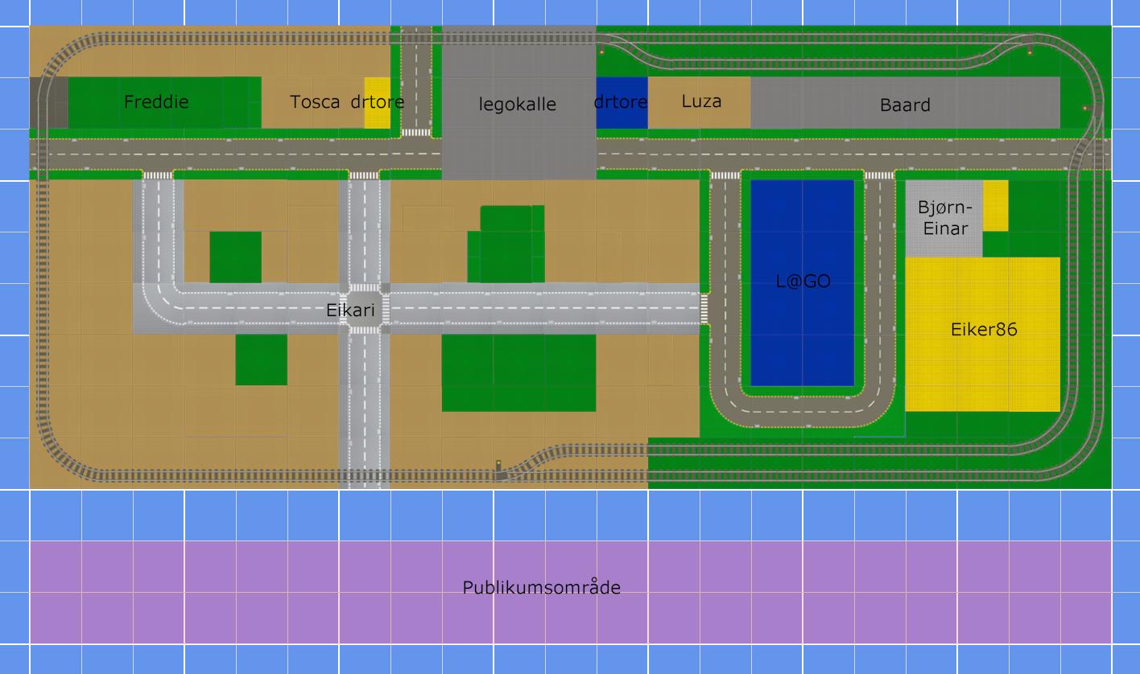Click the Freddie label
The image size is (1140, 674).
156,102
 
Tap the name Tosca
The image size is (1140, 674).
315,102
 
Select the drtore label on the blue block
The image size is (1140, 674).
621,102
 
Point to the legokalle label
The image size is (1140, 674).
517,105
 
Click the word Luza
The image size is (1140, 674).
701,101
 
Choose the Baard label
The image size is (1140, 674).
905,105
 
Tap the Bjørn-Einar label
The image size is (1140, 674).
945,218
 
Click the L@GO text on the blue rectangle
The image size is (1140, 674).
803,281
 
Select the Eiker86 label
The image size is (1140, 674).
984,330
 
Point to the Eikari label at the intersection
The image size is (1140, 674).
350,310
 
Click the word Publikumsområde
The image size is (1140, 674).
542,588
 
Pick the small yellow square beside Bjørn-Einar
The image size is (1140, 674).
995,206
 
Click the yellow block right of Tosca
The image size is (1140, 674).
378,103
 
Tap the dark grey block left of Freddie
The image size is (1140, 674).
49,103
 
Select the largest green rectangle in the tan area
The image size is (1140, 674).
518,372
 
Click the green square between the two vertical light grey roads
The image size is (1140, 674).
236,257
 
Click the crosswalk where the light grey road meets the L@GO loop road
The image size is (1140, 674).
704,309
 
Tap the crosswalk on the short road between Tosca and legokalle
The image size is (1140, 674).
415,133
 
